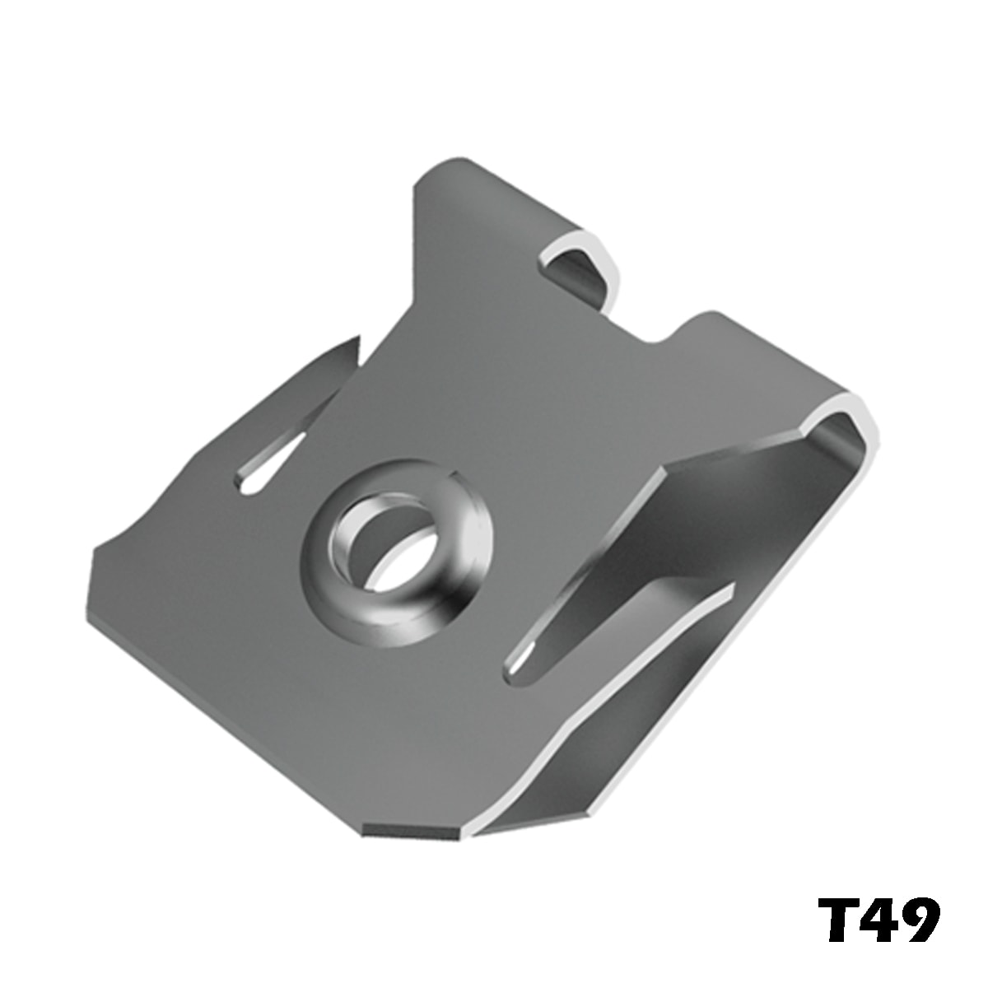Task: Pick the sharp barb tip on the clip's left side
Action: pyautogui.click(x=357, y=339)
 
